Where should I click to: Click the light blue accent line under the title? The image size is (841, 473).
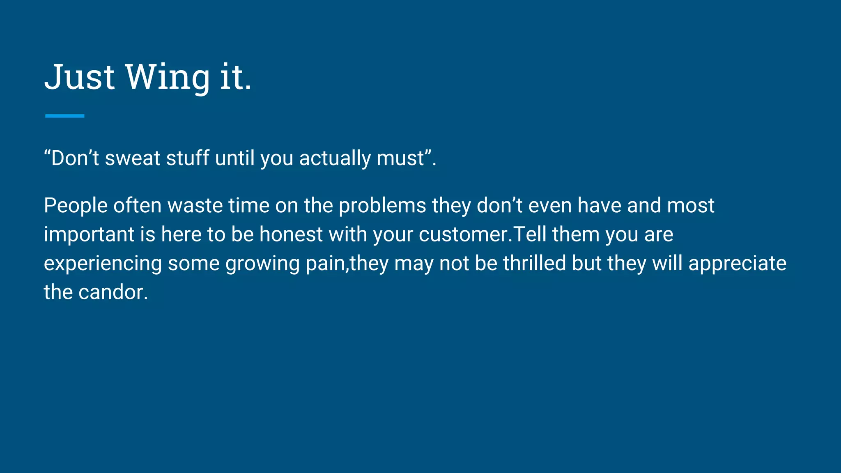pyautogui.click(x=64, y=116)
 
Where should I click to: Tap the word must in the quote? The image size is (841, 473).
pyautogui.click(x=400, y=158)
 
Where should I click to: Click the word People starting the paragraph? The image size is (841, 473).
pyautogui.click(x=76, y=205)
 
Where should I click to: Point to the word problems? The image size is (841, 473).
pyautogui.click(x=382, y=205)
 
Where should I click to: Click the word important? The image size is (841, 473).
pyautogui.click(x=89, y=234)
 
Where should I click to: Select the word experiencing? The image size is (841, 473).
pyautogui.click(x=103, y=264)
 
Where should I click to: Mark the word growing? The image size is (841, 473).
pyautogui.click(x=262, y=264)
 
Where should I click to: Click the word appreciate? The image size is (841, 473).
pyautogui.click(x=737, y=264)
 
